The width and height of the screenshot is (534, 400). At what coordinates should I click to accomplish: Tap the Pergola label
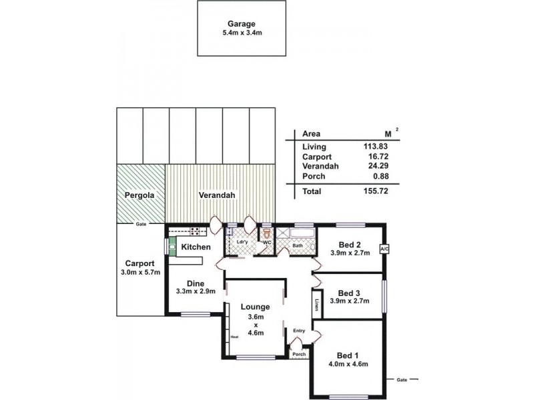[140, 196]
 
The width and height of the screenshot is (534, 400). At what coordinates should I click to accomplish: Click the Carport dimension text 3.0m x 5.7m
[140, 272]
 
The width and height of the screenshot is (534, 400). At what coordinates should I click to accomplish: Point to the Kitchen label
[196, 247]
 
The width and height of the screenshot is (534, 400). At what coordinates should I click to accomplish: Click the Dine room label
[195, 283]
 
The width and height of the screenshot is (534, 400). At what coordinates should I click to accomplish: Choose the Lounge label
[255, 307]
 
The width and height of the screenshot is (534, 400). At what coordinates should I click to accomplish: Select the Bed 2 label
[349, 244]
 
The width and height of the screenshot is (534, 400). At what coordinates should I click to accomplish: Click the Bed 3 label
[349, 293]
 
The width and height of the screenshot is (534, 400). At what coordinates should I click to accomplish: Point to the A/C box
[384, 249]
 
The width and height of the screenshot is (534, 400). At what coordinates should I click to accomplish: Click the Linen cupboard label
[316, 305]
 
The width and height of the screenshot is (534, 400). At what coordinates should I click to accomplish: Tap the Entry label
[298, 330]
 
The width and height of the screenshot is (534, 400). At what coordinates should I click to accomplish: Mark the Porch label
[299, 354]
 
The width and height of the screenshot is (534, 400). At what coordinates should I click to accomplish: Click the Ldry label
[242, 242]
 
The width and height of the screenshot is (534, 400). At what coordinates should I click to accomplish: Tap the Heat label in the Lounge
[234, 337]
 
